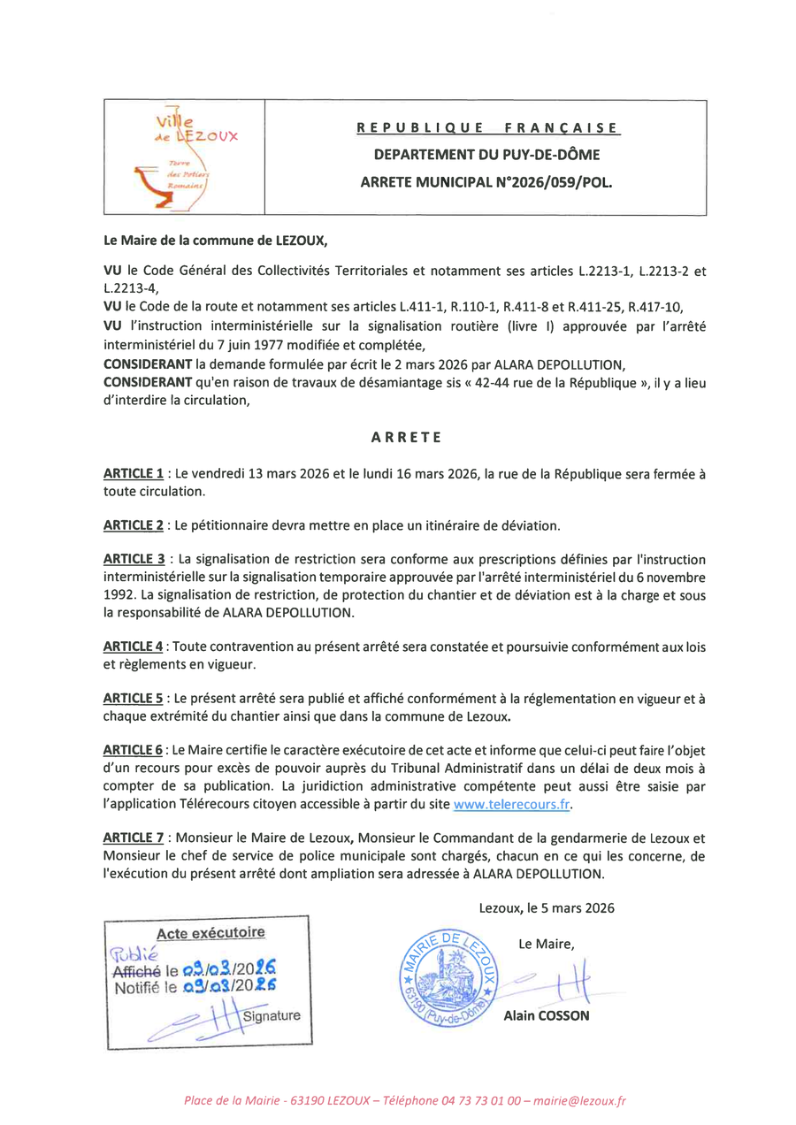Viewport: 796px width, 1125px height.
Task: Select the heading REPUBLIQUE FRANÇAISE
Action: [488, 128]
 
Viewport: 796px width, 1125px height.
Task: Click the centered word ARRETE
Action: [405, 437]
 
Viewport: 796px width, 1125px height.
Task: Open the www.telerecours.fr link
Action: [510, 804]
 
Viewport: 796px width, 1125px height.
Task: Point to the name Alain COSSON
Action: [546, 1016]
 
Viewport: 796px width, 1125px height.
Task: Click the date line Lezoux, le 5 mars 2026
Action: [546, 907]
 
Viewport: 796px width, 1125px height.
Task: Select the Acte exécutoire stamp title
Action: [210, 932]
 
